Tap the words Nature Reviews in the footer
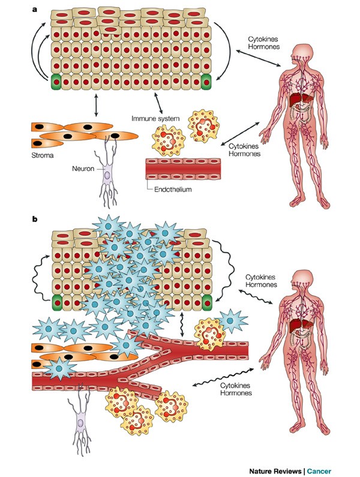click(x=278, y=469)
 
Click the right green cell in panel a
click(x=208, y=82)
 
